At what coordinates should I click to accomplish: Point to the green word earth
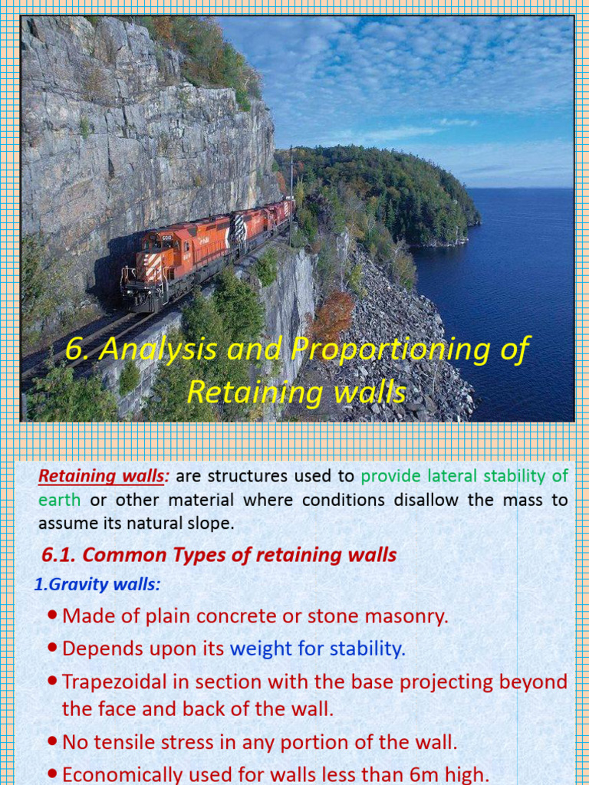pyautogui.click(x=59, y=501)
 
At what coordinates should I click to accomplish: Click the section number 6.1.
pyautogui.click(x=60, y=555)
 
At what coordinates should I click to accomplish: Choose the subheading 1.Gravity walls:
pyautogui.click(x=97, y=585)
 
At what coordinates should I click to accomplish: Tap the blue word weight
pyautogui.click(x=261, y=649)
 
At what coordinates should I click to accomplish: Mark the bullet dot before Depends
pyautogui.click(x=51, y=649)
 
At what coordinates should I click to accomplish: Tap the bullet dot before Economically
pyautogui.click(x=51, y=774)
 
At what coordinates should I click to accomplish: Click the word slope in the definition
pyautogui.click(x=210, y=524)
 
